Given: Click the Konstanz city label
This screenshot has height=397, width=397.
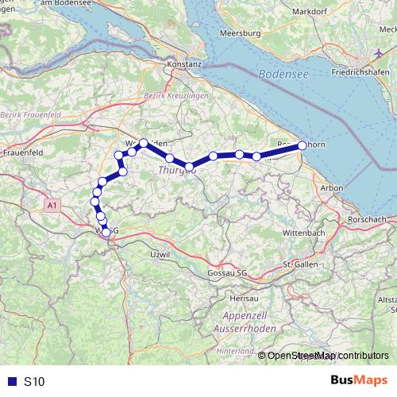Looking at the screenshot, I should point(185,64).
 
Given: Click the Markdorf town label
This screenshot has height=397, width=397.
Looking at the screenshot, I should point(310,12).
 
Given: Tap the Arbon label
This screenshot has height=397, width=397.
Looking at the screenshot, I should point(331,187).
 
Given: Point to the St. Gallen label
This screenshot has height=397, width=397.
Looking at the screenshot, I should point(301,263).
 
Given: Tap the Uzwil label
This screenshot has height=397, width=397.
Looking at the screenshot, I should point(160,253).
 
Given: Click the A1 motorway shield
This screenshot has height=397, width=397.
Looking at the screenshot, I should point(52,206).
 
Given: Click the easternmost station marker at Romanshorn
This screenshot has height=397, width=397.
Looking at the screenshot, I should point(303,145).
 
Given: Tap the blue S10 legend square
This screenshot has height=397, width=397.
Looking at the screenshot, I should point(10,381).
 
